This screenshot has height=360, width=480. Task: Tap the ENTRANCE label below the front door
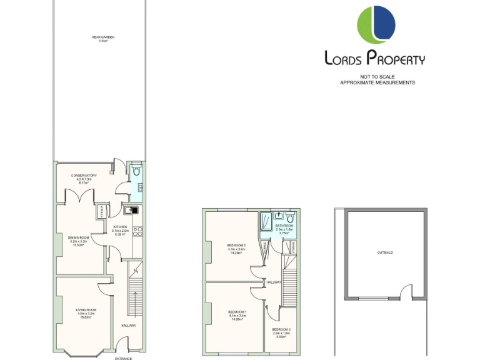click(x=124, y=358)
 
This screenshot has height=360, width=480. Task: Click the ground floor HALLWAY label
click(x=128, y=325)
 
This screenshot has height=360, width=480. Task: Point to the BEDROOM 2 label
click(x=237, y=246)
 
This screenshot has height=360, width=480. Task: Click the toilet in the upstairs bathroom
click(x=289, y=218)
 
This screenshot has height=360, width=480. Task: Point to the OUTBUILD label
click(x=385, y=252)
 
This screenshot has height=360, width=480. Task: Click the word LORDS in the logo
click(x=344, y=59)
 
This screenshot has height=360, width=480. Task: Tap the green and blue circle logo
click(x=376, y=25)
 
